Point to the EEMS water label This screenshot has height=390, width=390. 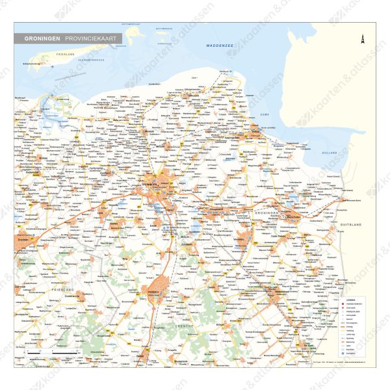point(263,114)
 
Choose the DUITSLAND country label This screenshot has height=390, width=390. point(351,224)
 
